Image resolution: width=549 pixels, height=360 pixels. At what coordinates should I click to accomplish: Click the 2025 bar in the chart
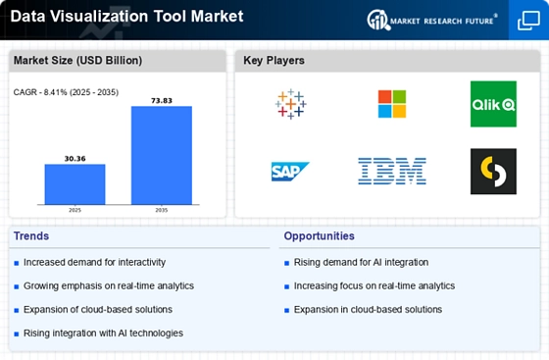75,184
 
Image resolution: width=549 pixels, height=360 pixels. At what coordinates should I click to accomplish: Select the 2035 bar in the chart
162,155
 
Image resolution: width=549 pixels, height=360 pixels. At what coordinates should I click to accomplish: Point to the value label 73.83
162,101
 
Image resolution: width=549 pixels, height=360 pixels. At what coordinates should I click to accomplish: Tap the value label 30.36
75,159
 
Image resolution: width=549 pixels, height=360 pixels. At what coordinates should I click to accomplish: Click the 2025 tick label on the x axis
75,210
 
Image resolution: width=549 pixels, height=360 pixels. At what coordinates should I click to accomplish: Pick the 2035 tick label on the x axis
162,210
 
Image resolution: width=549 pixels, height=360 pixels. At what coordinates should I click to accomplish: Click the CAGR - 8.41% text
40,92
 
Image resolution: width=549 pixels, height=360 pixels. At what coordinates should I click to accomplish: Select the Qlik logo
493,104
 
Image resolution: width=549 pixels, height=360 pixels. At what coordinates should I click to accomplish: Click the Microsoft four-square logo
392,104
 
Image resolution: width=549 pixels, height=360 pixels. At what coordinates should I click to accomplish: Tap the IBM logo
392,171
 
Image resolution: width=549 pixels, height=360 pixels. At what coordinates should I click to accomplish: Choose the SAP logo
290,172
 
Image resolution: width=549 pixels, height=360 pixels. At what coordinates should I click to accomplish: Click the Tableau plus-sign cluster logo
290,104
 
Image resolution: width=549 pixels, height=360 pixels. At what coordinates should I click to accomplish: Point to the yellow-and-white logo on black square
493,172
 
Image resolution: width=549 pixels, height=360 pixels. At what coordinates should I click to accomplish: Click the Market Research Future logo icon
378,20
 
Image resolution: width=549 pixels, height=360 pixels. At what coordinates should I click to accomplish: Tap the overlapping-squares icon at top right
528,21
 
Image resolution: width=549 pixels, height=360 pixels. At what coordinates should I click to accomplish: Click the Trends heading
31,236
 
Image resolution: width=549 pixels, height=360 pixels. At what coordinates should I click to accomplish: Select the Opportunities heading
319,236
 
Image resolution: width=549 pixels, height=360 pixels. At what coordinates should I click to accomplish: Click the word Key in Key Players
253,60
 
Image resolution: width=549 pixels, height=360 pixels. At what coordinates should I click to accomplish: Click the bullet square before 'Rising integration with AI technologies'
16,334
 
